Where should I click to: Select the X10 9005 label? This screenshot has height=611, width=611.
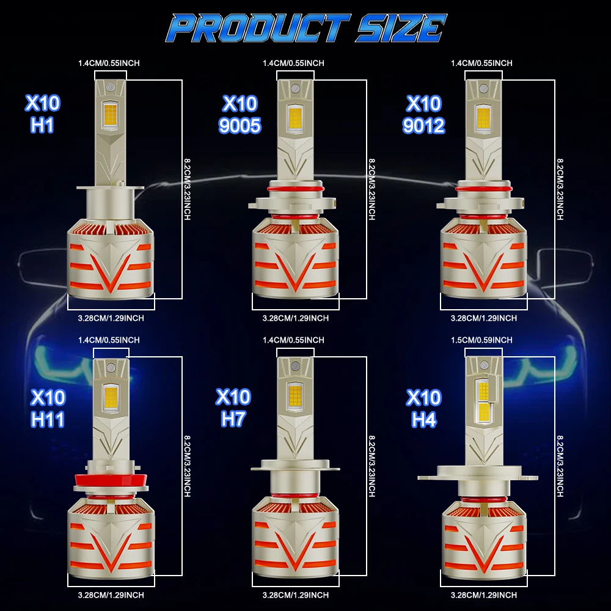[240, 114]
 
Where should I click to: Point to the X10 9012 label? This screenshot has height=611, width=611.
[423, 114]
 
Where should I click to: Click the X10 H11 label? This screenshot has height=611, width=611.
[48, 408]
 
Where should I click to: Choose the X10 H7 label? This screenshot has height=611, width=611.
[233, 408]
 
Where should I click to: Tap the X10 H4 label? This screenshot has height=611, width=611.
[423, 408]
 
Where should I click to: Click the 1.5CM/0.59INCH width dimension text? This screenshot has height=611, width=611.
[482, 340]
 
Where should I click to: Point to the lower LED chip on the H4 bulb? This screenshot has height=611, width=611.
[484, 412]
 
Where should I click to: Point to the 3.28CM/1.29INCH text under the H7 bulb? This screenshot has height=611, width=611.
[296, 595]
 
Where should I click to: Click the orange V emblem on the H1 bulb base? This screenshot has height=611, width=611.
[111, 269]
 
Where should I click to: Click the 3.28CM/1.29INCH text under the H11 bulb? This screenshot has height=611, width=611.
[111, 595]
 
